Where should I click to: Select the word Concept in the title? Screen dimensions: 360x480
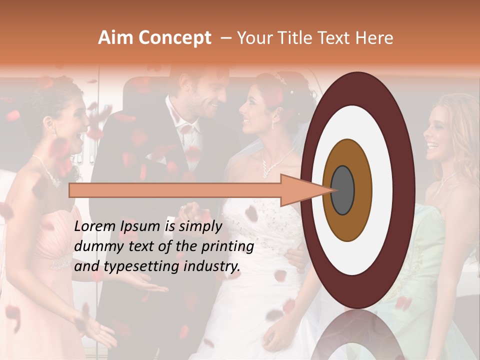pos(175,38)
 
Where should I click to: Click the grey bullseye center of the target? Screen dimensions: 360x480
pos(342,190)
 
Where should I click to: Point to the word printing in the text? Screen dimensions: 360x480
pos(229,246)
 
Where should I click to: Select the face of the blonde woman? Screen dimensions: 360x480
pos(440,135)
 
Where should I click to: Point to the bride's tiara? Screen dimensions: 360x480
pos(280,78)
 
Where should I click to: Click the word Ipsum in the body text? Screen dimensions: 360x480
pos(139,226)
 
